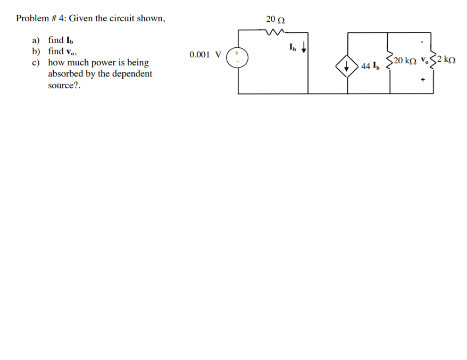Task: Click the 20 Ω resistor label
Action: (275, 20)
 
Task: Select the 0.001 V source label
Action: (205, 55)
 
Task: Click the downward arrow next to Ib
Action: (304, 49)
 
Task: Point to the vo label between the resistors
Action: (423, 60)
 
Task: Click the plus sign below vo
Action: (423, 80)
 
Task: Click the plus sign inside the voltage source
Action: (238, 53)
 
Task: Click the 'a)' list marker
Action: (36, 40)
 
